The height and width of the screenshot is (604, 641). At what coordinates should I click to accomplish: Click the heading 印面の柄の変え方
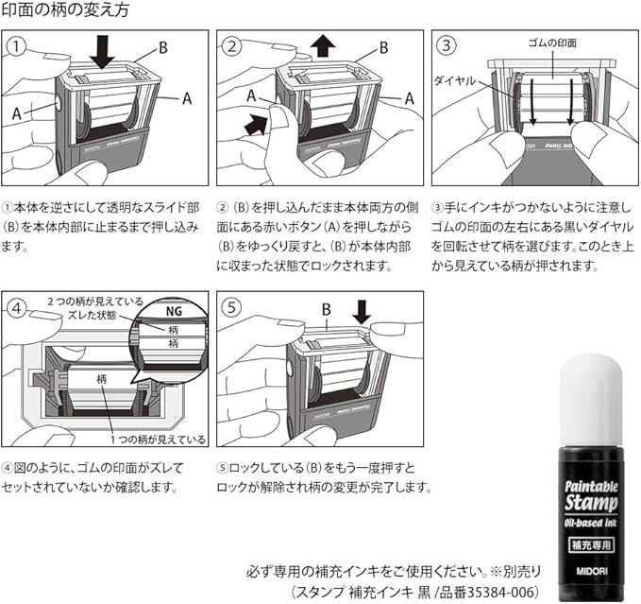[65, 12]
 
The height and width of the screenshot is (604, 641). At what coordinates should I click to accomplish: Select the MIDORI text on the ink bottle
[589, 568]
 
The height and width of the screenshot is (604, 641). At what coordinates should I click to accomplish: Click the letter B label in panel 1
[163, 46]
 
